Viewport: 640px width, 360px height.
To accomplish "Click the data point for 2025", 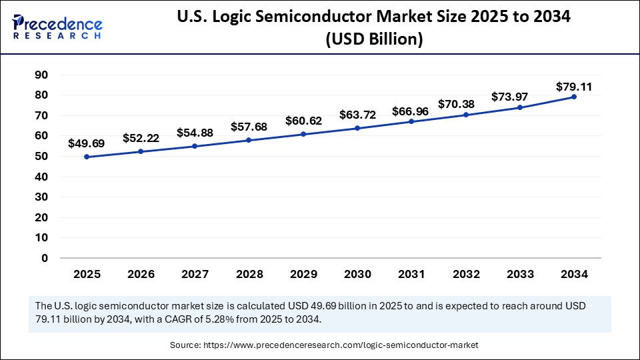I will [x=87, y=157].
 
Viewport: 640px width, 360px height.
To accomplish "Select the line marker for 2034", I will [x=574, y=97].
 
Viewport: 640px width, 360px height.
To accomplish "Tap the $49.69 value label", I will [x=87, y=143].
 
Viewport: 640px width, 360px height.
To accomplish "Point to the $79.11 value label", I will [x=574, y=87].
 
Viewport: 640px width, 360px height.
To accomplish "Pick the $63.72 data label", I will [x=357, y=115].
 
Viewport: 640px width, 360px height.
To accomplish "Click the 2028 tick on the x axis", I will [x=249, y=274].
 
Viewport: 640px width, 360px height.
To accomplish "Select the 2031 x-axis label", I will [x=411, y=274].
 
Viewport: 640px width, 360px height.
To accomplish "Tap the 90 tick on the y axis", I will [x=41, y=75].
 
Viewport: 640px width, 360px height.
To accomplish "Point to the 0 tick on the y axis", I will [x=45, y=258].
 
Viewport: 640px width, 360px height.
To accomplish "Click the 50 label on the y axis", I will [x=41, y=157].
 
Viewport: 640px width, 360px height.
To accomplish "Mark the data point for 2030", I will [x=357, y=128].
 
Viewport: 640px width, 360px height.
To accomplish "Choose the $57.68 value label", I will [x=249, y=126].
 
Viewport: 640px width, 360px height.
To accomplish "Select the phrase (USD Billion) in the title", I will [x=374, y=40].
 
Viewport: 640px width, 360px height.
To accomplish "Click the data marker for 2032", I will [x=466, y=115].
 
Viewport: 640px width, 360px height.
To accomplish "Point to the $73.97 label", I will [x=520, y=97].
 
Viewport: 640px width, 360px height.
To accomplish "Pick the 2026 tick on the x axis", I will [x=141, y=274].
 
